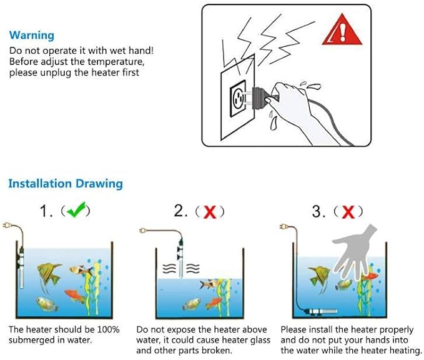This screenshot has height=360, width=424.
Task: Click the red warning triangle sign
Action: (x=342, y=31)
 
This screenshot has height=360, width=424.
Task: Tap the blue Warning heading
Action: (x=32, y=35)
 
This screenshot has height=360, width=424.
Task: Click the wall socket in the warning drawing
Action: (x=238, y=99)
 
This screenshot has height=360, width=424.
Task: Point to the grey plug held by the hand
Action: (x=260, y=98)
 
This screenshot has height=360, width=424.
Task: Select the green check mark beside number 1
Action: (x=76, y=209)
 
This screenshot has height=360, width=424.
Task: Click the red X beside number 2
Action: (x=210, y=212)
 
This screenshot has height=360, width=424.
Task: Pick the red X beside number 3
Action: (x=348, y=212)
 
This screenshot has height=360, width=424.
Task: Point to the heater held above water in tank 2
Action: (x=180, y=259)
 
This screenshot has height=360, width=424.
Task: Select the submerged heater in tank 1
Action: (x=21, y=268)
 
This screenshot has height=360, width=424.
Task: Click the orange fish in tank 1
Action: (x=74, y=295)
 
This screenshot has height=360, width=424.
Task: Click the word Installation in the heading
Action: (x=40, y=184)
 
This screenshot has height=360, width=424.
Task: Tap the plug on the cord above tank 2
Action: (x=144, y=231)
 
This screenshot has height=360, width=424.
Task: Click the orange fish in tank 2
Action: (x=214, y=302)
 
